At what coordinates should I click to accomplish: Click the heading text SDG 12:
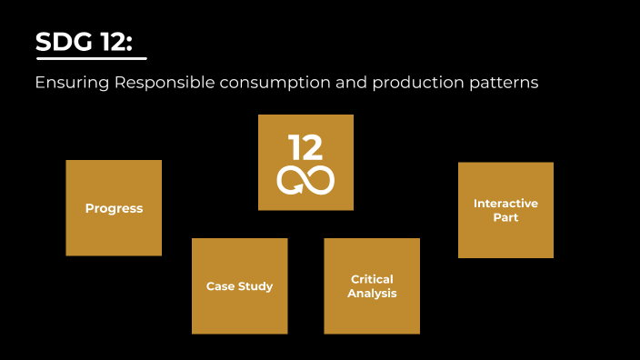89,42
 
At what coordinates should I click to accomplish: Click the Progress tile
114,208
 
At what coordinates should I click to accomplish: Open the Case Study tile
239,286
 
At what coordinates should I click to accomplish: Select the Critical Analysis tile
372,286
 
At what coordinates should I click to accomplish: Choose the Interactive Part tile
505,210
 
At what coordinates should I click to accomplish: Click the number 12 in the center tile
305,147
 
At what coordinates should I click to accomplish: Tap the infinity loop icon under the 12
305,180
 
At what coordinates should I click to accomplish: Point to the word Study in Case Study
256,286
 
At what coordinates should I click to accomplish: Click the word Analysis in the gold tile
372,294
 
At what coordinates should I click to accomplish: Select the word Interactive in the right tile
505,204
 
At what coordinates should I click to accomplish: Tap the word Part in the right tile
505,218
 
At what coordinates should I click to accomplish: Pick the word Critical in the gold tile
372,279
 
